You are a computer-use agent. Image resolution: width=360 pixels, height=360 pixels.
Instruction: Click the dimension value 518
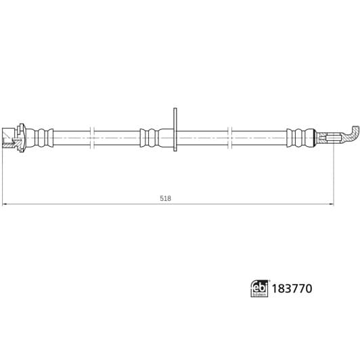165,198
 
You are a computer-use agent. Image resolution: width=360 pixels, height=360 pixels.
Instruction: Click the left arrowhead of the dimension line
6,203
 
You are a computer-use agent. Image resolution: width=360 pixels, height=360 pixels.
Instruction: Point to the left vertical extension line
3,176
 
